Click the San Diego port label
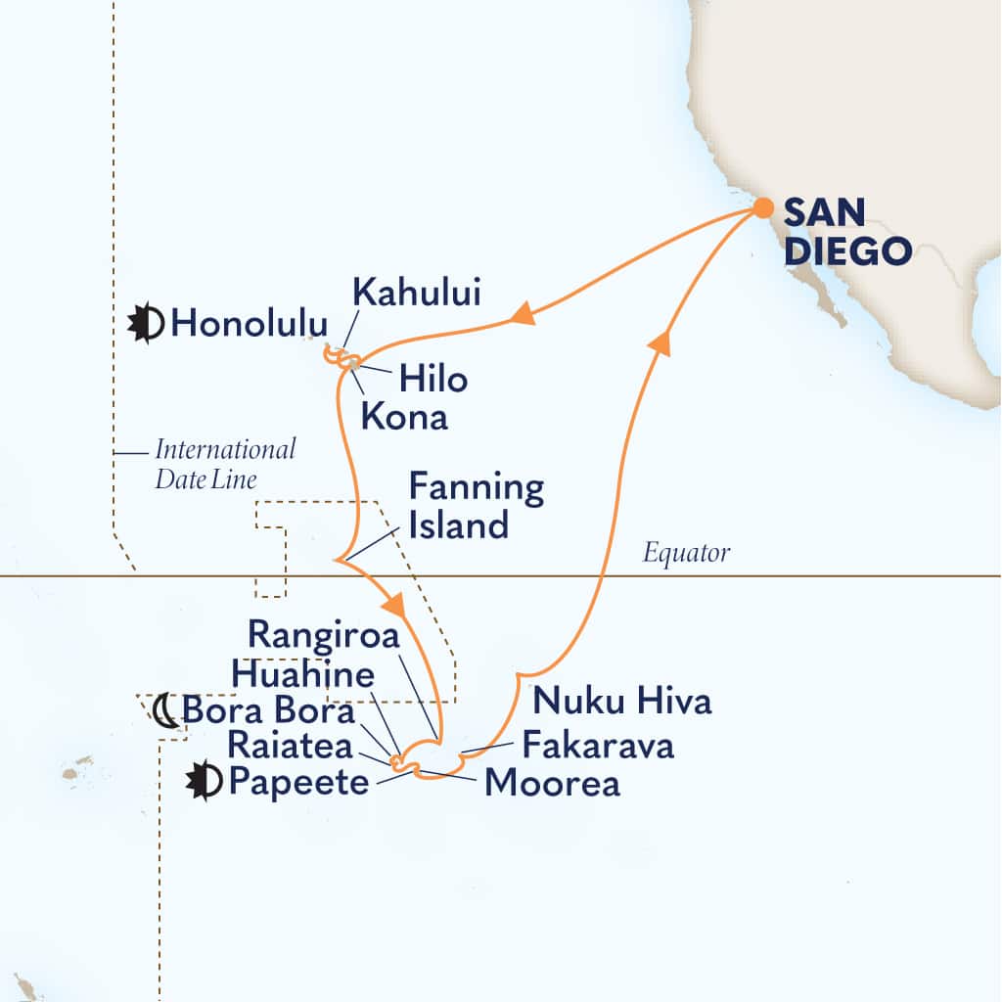(x=847, y=231)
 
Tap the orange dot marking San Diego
(x=762, y=208)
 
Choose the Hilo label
(x=432, y=379)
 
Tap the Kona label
(x=404, y=417)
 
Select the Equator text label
(x=686, y=554)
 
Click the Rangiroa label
(x=324, y=636)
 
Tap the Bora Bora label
(x=268, y=710)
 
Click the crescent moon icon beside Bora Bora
(x=165, y=709)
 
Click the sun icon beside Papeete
(x=205, y=783)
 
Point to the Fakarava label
(x=598, y=746)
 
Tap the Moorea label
(x=552, y=784)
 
